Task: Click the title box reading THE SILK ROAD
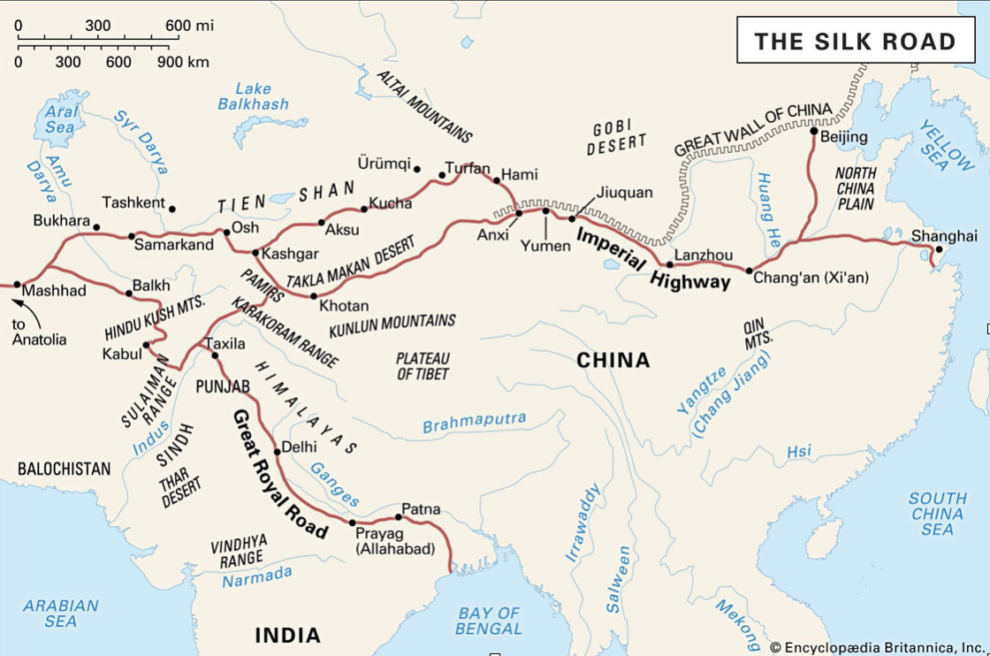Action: tap(855, 41)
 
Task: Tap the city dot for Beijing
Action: tap(814, 131)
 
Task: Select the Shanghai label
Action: tap(944, 236)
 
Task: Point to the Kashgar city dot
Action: tap(255, 253)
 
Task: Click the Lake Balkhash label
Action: tap(254, 96)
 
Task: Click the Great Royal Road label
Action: tap(280, 473)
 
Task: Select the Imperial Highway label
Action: tap(653, 259)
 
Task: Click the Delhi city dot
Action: tap(278, 452)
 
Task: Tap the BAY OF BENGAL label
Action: tap(488, 621)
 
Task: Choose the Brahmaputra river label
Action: tap(474, 422)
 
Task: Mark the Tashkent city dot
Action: tap(171, 210)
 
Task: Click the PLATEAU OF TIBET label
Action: tap(423, 366)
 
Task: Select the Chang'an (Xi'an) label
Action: tap(811, 278)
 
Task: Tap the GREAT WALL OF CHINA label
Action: tap(753, 129)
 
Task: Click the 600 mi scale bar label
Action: tap(190, 25)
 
